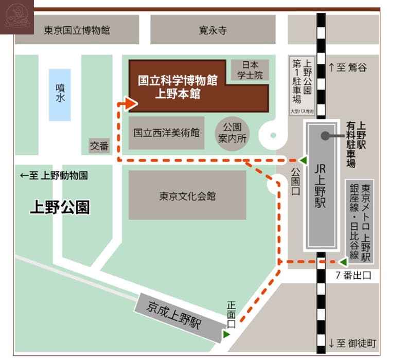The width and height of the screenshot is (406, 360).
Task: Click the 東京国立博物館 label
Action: (x=77, y=30)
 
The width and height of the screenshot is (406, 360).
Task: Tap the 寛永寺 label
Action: (x=213, y=30)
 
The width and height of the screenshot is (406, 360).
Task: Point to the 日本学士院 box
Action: (x=250, y=70)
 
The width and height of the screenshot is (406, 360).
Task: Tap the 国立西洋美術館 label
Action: (x=166, y=133)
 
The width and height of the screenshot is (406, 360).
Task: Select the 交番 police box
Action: (x=99, y=146)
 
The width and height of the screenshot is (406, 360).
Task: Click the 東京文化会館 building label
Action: (x=187, y=196)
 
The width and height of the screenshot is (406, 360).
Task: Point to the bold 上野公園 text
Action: (x=60, y=207)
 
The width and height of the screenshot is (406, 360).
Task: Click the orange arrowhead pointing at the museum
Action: (x=131, y=104)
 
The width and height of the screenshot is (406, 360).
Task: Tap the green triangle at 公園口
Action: (x=304, y=160)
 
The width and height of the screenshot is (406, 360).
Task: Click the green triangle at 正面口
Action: (x=226, y=335)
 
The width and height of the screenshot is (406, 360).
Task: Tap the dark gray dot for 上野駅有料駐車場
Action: (x=325, y=136)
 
